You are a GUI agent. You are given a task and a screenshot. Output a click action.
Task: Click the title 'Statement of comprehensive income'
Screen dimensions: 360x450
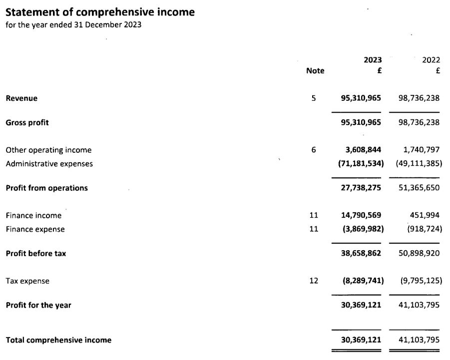pos(100,12)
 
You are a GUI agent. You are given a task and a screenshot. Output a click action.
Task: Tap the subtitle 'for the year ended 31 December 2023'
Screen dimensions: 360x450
pos(73,25)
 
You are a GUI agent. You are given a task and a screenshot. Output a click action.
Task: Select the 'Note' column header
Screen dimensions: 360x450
pos(315,71)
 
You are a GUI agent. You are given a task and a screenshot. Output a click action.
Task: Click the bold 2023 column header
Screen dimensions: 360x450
pos(373,60)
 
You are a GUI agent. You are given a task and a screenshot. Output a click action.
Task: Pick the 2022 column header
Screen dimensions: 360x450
pos(431,60)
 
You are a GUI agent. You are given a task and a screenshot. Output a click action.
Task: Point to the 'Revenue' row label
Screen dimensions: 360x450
pos(21,98)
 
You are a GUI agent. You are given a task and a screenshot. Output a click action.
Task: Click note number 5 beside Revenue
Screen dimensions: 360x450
pos(314,98)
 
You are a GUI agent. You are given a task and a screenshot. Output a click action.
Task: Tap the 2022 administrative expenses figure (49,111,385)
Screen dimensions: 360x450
pos(419,163)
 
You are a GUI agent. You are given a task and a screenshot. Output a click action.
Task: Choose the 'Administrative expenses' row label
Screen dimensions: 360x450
pos(49,164)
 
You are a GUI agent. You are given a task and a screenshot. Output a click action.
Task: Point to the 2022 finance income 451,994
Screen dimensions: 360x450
pos(425,216)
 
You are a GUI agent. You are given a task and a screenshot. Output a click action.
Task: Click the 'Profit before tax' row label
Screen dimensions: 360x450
pos(35,253)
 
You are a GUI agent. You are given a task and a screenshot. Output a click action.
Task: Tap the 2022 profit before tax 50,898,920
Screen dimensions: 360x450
pos(419,253)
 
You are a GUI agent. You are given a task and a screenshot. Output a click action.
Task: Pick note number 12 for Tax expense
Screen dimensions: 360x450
pos(314,281)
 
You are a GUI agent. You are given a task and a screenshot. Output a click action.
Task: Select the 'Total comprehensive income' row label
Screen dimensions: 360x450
pos(58,340)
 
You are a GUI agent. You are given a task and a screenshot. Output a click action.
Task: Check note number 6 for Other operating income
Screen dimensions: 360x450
pos(314,150)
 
